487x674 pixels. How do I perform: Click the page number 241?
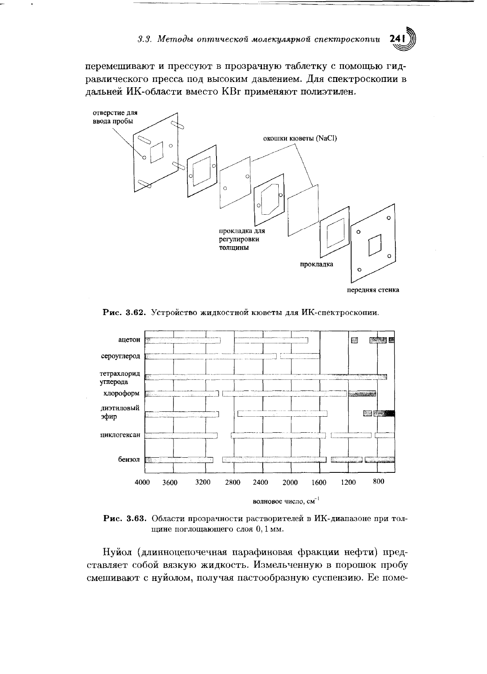coord(397,39)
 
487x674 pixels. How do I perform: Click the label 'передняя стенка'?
coord(373,290)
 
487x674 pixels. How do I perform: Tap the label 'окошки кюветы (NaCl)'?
coord(300,138)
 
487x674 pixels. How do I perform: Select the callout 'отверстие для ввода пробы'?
coord(115,117)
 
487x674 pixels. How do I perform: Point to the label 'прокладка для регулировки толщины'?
coord(242,240)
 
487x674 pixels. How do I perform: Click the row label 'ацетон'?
coord(129,340)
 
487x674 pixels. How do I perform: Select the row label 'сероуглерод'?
coord(121,356)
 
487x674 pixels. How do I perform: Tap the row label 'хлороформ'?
coord(122,393)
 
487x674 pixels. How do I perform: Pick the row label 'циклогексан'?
coord(120,435)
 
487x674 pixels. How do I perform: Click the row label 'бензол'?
coord(129,459)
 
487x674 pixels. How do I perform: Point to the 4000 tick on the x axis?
coord(142,482)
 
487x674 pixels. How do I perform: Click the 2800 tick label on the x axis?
coord(233,482)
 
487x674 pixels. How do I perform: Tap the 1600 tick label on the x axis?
coord(319,482)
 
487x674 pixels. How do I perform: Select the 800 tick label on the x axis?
coord(379,482)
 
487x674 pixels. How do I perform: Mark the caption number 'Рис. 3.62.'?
coord(124,313)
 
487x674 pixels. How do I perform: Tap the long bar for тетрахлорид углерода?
coord(266,377)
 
